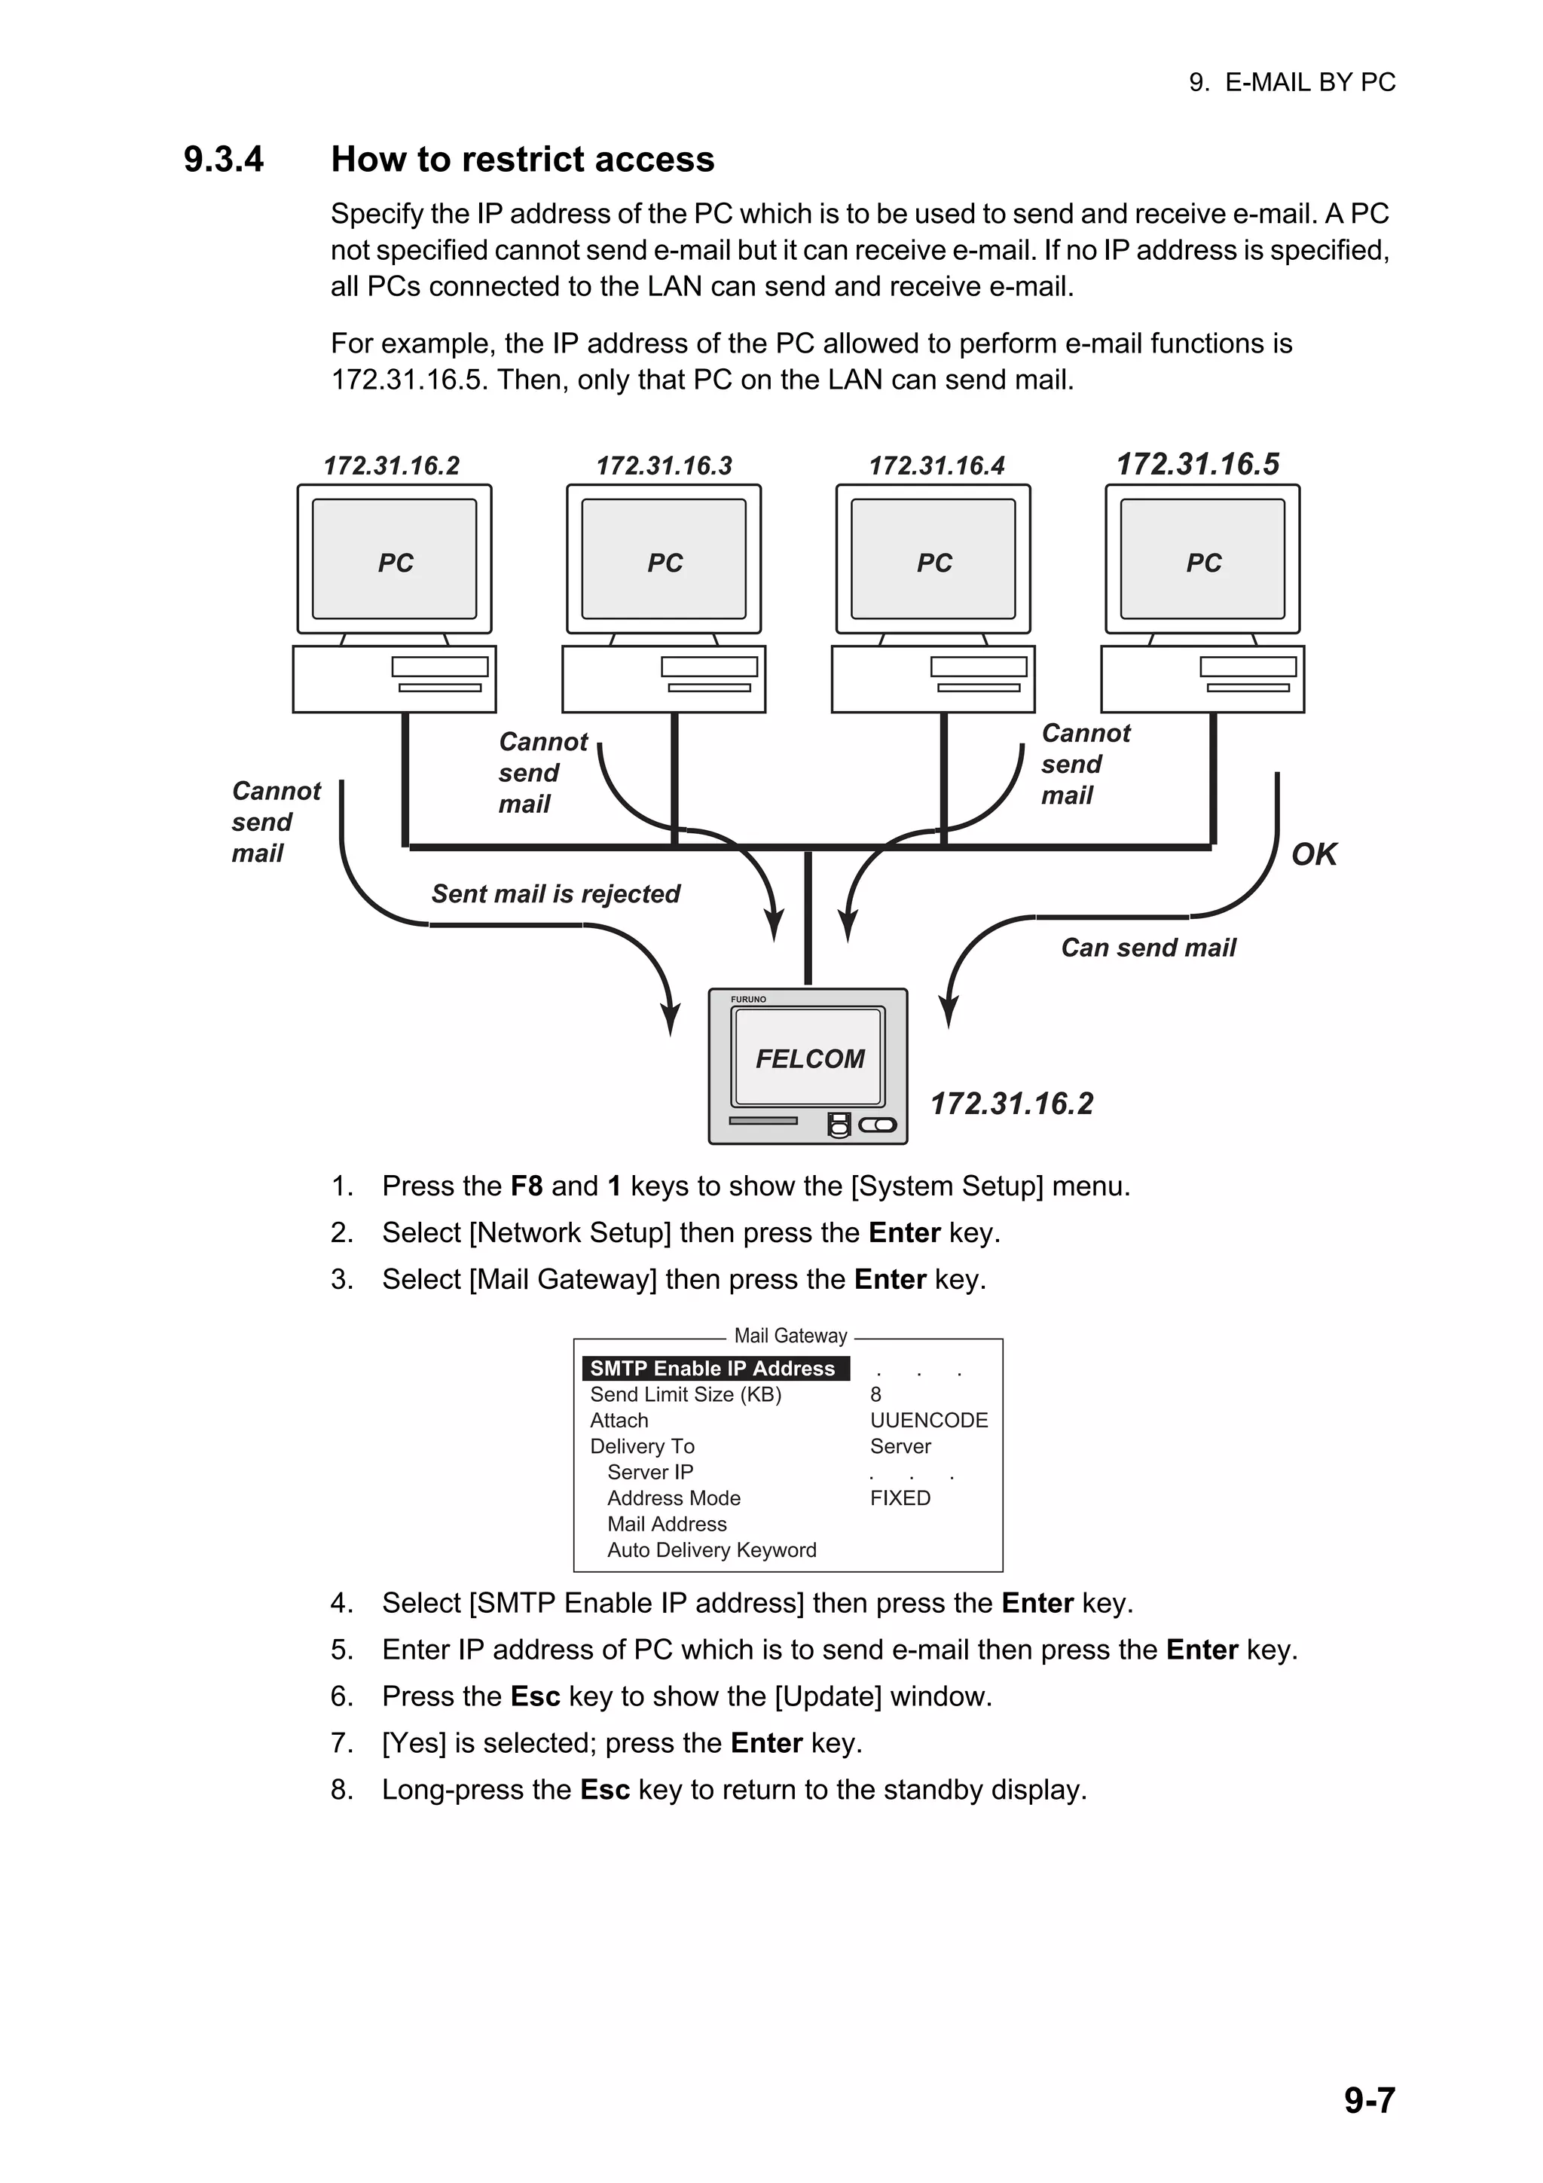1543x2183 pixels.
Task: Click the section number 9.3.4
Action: pyautogui.click(x=224, y=160)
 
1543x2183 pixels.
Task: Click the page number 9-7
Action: pyautogui.click(x=1368, y=2100)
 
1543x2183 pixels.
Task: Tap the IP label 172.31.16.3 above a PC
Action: pyautogui.click(x=664, y=466)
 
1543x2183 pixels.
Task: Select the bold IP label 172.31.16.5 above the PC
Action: pyautogui.click(x=1197, y=464)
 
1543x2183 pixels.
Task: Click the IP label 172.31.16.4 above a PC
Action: pyautogui.click(x=936, y=466)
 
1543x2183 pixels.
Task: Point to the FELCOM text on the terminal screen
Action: pyautogui.click(x=810, y=1058)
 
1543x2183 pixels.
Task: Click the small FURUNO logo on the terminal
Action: pyautogui.click(x=748, y=1000)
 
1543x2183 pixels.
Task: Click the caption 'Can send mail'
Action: pyautogui.click(x=1147, y=947)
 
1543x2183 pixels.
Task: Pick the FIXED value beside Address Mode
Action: pyautogui.click(x=900, y=1498)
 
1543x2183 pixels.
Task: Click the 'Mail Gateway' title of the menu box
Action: pyautogui.click(x=790, y=1336)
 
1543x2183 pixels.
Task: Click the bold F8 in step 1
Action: pyautogui.click(x=526, y=1186)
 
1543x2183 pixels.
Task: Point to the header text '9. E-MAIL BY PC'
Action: pyautogui.click(x=1291, y=83)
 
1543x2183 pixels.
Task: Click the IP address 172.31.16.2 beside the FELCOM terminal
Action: pyautogui.click(x=1012, y=1103)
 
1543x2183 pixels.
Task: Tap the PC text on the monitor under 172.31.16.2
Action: pyautogui.click(x=396, y=563)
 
